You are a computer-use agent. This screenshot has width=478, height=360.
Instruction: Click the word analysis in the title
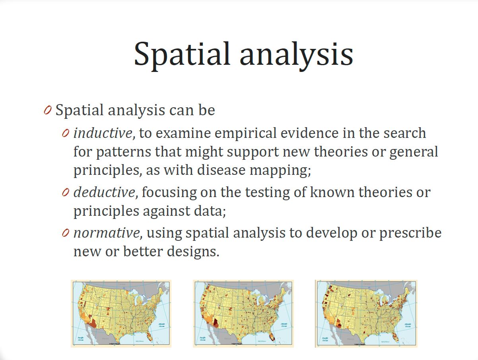pos(296,54)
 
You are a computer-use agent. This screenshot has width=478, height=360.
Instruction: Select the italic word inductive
pos(102,133)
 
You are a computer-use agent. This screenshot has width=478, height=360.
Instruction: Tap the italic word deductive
pos(104,192)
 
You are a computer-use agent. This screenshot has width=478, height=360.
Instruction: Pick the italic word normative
pos(106,233)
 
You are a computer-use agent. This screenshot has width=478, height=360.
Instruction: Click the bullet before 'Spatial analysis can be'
pos(47,110)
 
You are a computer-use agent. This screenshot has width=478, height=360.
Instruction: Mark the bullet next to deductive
pos(66,193)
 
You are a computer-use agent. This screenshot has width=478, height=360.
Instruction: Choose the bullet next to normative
pos(66,233)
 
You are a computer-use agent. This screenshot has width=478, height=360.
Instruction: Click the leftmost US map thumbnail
pos(121,313)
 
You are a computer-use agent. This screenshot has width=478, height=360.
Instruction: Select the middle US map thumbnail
pos(243,313)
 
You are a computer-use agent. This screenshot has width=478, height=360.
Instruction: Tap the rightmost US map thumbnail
pos(366,313)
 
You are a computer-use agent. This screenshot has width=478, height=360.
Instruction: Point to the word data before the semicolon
pos(210,211)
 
